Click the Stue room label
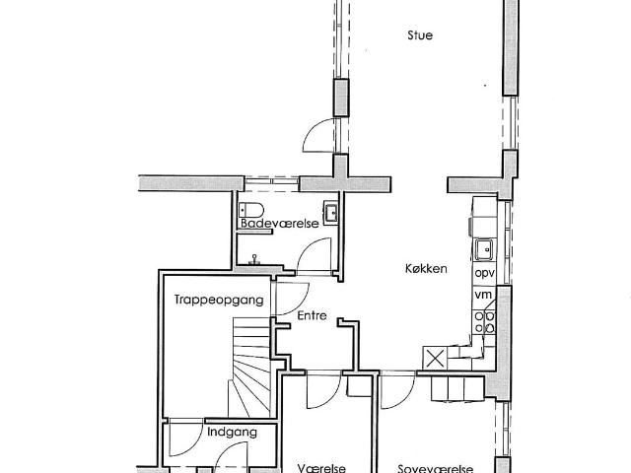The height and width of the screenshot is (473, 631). click(420, 35)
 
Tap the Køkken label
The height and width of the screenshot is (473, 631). click(426, 268)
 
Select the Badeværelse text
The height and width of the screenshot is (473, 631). click(280, 224)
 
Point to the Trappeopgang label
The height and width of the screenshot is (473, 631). click(219, 300)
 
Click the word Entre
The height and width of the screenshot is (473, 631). click(312, 315)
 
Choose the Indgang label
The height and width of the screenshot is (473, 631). click(233, 433)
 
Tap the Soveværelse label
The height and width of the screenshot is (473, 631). click(436, 469)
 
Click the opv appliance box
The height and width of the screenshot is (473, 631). click(484, 274)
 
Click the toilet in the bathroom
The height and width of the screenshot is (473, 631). click(251, 210)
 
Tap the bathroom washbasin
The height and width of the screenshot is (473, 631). click(331, 213)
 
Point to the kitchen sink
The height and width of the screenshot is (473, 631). click(484, 249)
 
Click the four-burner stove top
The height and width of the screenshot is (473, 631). click(484, 322)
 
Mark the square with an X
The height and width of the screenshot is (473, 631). click(435, 358)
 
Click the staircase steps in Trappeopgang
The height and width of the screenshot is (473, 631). click(251, 367)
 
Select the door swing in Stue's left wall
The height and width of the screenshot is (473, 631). click(319, 136)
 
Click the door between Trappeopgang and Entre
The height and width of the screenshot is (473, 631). click(292, 299)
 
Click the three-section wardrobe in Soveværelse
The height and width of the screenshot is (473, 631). click(457, 388)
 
